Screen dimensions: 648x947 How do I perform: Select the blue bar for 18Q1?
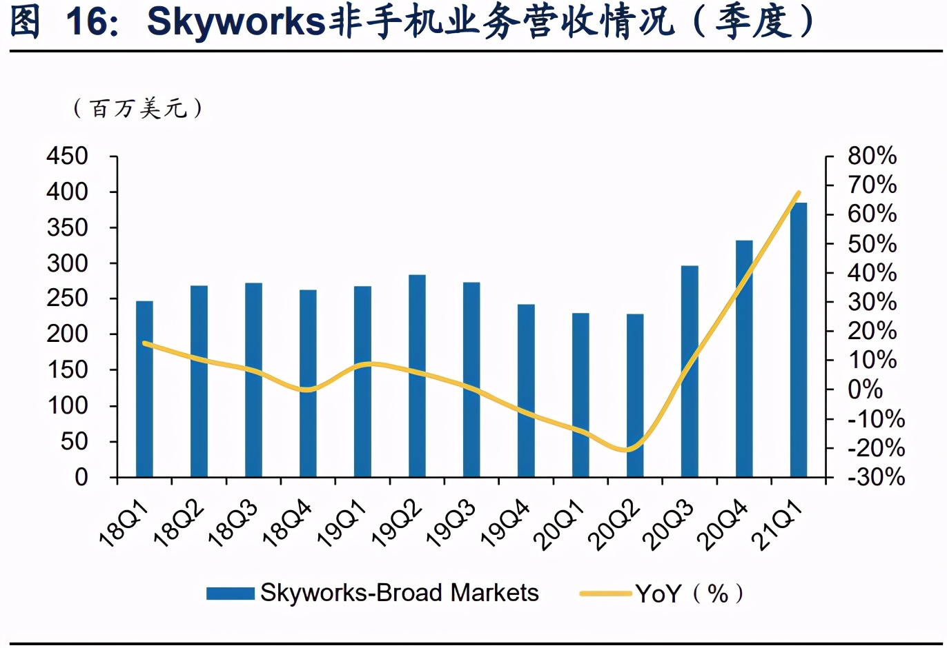tap(144, 389)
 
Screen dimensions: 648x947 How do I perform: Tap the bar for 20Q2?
tap(635, 396)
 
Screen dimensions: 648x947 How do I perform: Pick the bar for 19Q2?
tap(417, 376)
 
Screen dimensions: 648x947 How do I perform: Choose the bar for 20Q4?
tap(744, 358)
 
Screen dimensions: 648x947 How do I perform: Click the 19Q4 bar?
tap(526, 390)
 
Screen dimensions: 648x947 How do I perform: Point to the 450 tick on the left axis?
tap(68, 156)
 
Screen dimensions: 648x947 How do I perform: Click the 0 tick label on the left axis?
tap(81, 477)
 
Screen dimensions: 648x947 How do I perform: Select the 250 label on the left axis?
tap(68, 298)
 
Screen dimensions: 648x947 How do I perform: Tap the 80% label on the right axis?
tap(872, 156)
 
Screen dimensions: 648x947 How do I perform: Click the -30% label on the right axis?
tap(876, 477)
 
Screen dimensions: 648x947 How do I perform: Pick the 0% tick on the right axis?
tap(865, 389)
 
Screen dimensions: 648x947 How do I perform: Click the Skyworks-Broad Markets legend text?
tap(399, 593)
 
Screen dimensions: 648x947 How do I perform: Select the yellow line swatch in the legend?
tap(605, 594)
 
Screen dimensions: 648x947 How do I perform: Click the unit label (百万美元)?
tap(138, 108)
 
